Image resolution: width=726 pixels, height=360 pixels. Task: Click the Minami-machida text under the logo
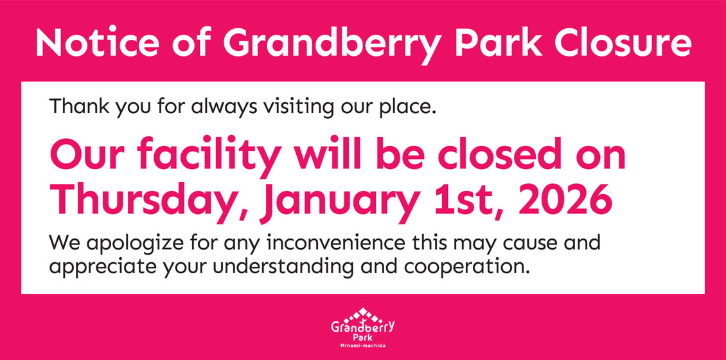pyautogui.click(x=363, y=346)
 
